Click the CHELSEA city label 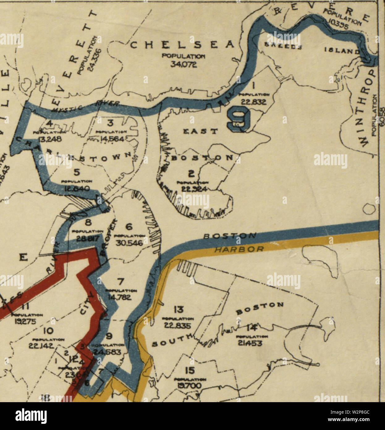point(183,45)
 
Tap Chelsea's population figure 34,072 point(184,64)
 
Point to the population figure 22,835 point(178,325)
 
